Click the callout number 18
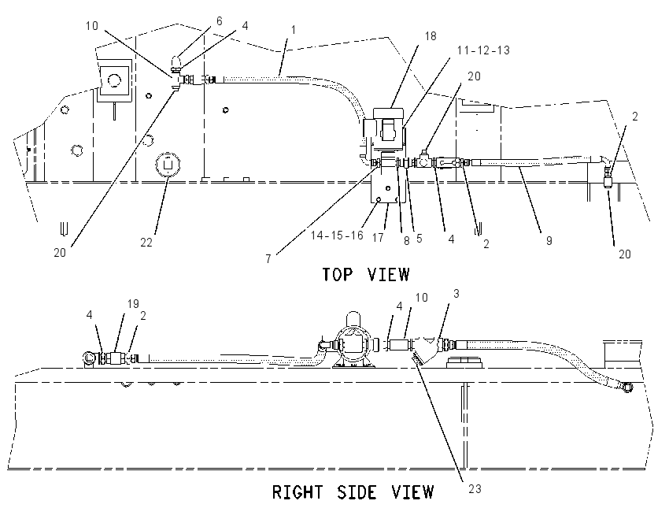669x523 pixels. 431,36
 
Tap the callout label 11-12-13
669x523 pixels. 483,50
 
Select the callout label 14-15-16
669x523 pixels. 337,236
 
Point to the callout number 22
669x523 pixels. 146,243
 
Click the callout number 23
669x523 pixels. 475,489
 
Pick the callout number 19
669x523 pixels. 133,304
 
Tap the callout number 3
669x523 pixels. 456,294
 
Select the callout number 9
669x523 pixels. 549,241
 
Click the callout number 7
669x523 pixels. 268,259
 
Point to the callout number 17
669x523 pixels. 378,237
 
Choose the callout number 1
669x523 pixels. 293,30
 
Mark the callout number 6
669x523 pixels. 220,21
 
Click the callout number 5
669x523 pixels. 419,238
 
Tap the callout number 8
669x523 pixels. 407,241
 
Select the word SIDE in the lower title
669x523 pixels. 357,492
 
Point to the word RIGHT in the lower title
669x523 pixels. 298,492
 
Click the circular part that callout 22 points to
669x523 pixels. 168,164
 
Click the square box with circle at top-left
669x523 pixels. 114,80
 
